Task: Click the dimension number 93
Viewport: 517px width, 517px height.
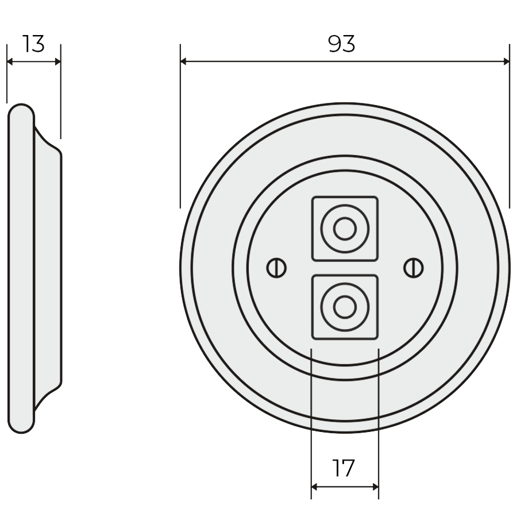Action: tap(342, 44)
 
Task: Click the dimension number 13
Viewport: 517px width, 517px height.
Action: tap(34, 44)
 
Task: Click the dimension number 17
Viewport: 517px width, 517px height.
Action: tap(344, 469)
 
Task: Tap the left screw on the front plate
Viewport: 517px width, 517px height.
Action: tap(276, 267)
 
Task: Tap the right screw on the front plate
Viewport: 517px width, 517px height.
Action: tap(413, 267)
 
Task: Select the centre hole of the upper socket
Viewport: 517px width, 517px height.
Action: tap(345, 229)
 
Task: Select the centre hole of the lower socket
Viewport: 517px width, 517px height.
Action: tap(345, 306)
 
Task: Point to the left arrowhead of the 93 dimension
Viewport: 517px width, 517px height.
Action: tap(184, 61)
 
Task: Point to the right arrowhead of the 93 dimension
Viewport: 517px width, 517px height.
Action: tap(506, 61)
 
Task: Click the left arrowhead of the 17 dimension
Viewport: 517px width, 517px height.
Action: tap(314, 487)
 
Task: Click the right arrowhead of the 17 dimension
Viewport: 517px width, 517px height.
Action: tap(375, 487)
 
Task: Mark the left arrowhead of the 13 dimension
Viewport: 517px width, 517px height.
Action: tap(10, 61)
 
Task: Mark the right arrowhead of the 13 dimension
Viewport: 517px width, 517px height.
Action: tap(57, 61)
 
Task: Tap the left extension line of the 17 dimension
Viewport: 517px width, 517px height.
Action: tap(311, 414)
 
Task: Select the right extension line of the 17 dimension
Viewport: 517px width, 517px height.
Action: tap(379, 414)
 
